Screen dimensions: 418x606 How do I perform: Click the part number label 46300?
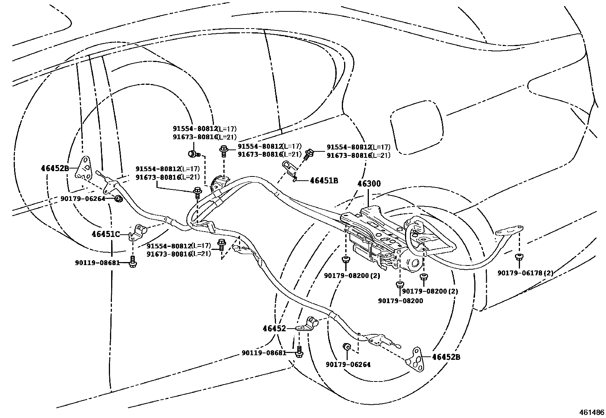[368, 184]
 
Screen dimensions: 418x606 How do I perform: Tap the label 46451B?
[324, 181]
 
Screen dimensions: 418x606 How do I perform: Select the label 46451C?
[105, 234]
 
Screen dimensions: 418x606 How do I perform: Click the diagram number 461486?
[591, 412]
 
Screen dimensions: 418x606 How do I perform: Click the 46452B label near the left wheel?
[55, 168]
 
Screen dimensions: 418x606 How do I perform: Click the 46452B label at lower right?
[446, 357]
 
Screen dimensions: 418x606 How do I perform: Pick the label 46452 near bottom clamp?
[274, 328]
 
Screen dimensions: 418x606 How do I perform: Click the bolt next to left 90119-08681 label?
[132, 262]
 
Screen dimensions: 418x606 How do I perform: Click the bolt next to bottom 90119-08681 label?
[299, 352]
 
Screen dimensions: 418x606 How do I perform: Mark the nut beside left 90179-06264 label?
[118, 198]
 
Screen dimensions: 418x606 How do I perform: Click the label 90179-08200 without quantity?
[400, 300]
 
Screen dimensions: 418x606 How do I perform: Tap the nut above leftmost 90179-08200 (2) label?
[346, 260]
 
